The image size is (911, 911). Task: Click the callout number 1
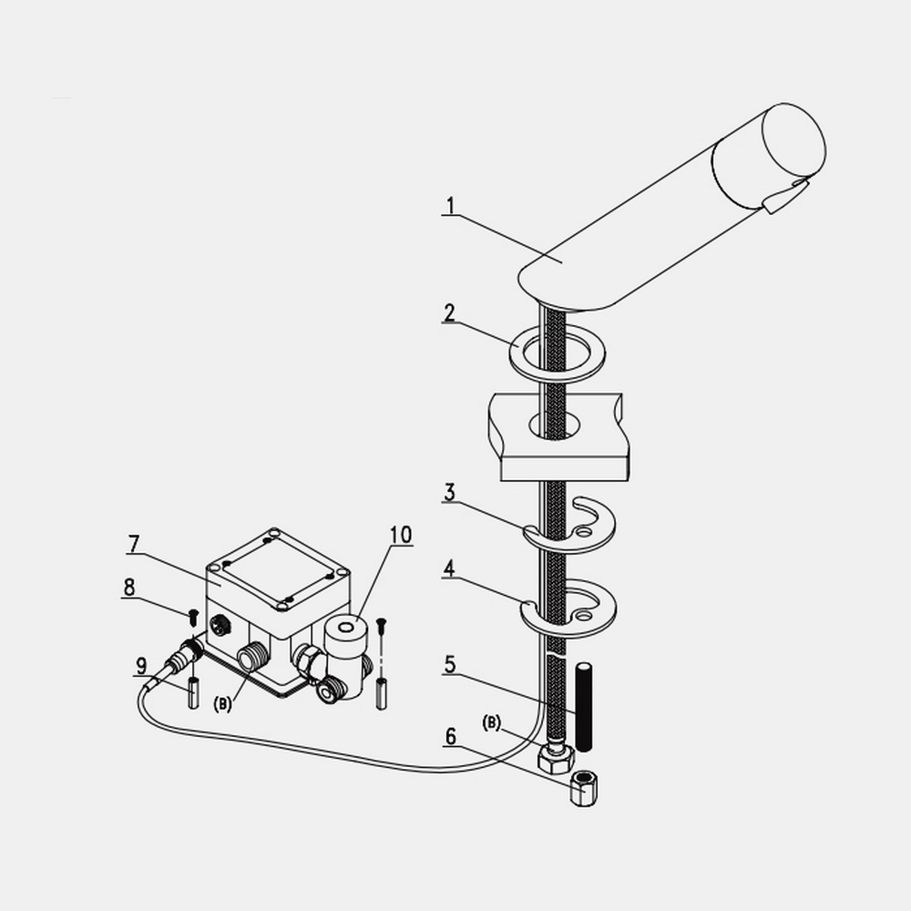coord(450,206)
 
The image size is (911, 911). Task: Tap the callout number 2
coord(449,313)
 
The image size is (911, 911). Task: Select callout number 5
coord(450,664)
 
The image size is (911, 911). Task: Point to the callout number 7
coord(134,544)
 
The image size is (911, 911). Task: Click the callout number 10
coord(401,535)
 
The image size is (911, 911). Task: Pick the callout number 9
coord(141,666)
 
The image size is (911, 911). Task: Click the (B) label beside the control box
coord(222,705)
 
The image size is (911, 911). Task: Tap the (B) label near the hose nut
coord(492,722)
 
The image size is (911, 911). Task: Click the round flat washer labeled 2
coord(558,354)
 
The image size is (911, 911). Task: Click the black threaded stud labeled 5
coord(583,707)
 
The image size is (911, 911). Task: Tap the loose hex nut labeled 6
coord(584,789)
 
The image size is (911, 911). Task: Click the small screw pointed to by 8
coord(193,617)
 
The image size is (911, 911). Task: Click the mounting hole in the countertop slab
coord(555,425)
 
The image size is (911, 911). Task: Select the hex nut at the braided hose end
coord(557,759)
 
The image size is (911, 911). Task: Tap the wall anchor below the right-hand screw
coord(382,693)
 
